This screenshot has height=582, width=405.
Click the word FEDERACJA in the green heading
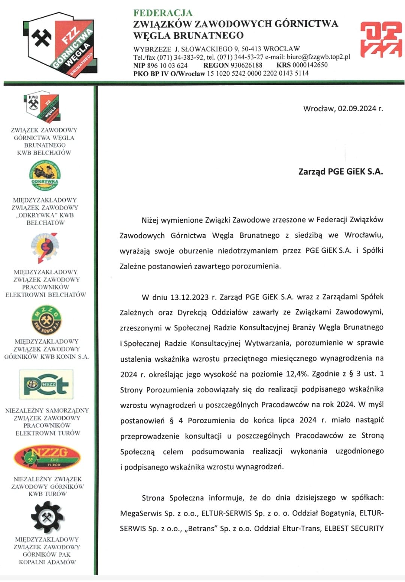point(163,13)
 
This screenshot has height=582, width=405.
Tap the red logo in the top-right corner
point(380,39)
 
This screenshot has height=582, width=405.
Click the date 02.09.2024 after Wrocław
point(357,109)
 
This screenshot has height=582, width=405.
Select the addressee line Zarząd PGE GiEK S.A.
point(340,172)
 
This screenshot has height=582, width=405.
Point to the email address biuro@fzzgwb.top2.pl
point(318,57)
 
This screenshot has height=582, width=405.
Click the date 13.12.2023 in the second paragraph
point(189,297)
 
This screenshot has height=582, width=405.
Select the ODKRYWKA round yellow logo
point(45,175)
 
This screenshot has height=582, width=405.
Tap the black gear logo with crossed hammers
point(47,518)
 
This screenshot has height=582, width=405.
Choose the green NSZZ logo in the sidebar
point(46,384)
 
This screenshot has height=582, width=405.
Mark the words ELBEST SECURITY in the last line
point(354,529)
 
